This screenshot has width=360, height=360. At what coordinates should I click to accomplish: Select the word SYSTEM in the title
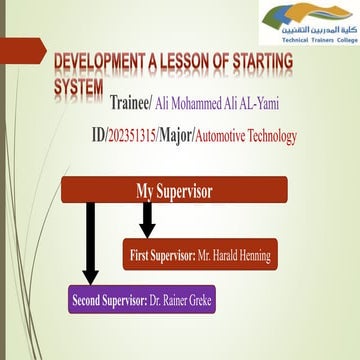(78, 86)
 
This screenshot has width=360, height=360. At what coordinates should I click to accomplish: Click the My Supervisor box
(174, 191)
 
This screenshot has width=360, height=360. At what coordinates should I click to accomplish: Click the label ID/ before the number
(125, 134)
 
